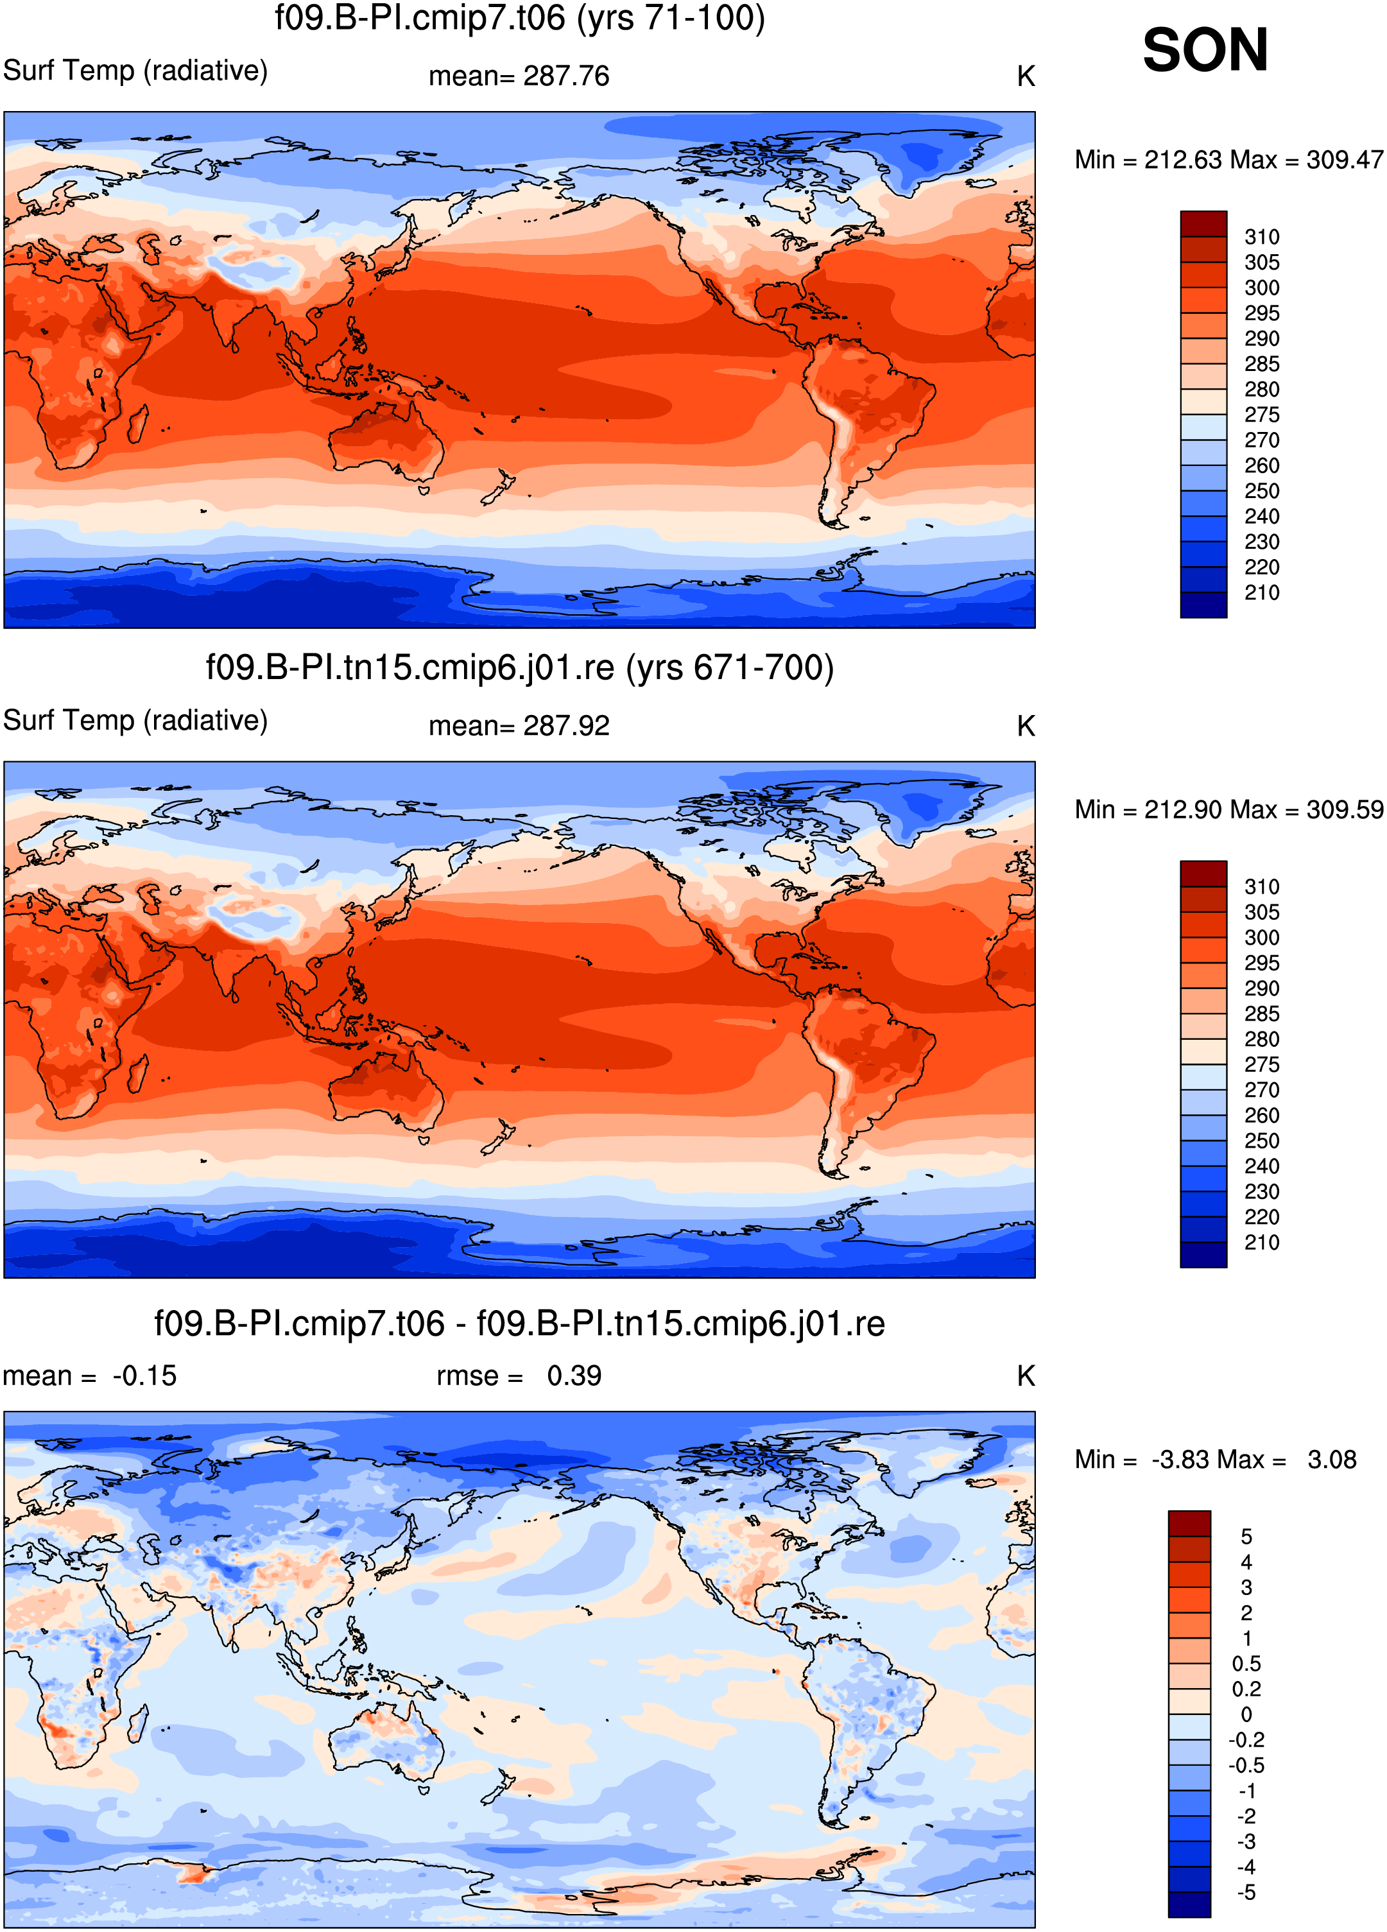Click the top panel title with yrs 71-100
point(520,18)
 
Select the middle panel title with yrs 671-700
point(520,668)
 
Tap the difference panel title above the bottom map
point(520,1324)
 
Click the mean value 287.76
point(567,76)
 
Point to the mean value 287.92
point(567,727)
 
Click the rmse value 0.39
point(574,1376)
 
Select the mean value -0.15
point(145,1376)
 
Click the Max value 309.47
point(1345,160)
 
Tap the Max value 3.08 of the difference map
point(1332,1460)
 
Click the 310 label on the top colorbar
point(1262,237)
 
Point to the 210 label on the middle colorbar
point(1262,1243)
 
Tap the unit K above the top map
point(1026,76)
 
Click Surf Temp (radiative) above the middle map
point(135,721)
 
